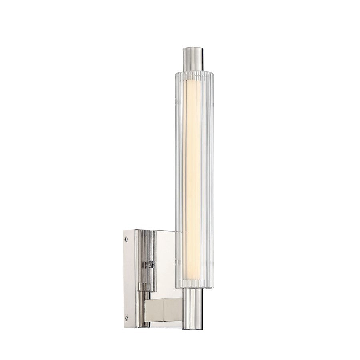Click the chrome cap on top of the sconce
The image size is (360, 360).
pos(193,59)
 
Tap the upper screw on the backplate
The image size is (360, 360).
pos(126,239)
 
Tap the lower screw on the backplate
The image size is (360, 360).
pos(126,318)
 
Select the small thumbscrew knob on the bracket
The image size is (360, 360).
pos(150,264)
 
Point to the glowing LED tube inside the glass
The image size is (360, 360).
pos(193,180)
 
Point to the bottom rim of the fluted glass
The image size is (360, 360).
pos(194,286)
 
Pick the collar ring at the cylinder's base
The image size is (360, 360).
pos(147,287)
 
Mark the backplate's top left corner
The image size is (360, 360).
pos(124,230)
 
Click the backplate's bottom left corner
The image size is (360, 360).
pos(124,327)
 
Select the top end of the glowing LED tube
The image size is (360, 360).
pos(193,82)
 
